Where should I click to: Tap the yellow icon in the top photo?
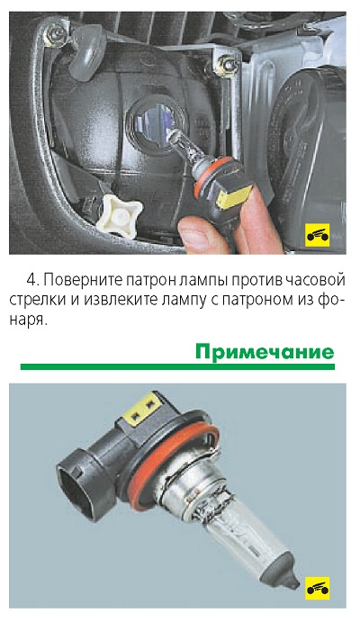318,236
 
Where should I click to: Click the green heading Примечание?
265,352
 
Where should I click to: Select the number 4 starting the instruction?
31,280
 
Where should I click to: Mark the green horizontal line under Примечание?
177,366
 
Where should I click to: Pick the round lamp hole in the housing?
156,122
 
